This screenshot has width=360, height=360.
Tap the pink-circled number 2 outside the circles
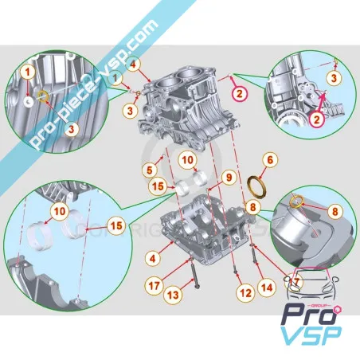pos(237,92)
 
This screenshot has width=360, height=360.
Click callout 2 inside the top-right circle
pos(316,121)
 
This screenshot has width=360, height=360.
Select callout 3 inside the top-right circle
pos(335,76)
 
